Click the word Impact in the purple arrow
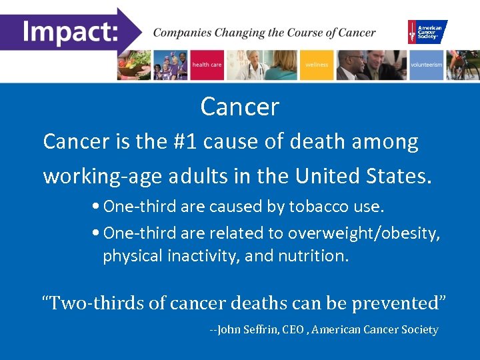pyautogui.click(x=69, y=31)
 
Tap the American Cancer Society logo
pyautogui.click(x=427, y=31)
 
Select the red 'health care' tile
pyautogui.click(x=207, y=65)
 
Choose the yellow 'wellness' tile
pyautogui.click(x=317, y=65)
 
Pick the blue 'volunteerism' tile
pyautogui.click(x=426, y=65)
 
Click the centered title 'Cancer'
pyautogui.click(x=239, y=107)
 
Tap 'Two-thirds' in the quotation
pyautogui.click(x=93, y=303)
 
